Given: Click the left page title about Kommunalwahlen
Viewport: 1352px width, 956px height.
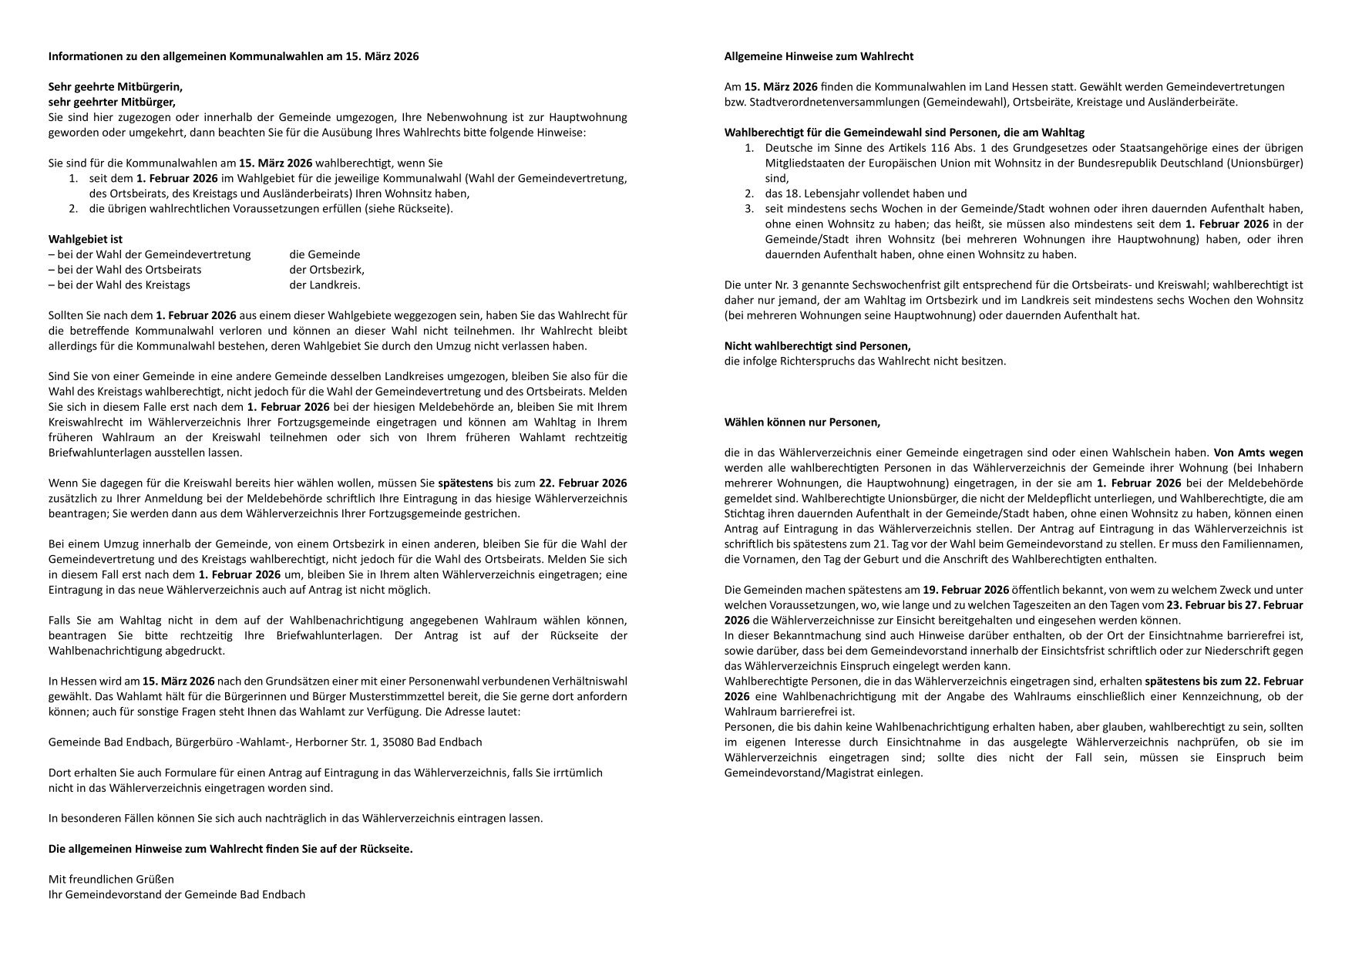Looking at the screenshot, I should click(234, 57).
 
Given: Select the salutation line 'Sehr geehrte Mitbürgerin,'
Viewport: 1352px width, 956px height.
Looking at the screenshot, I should click(116, 87).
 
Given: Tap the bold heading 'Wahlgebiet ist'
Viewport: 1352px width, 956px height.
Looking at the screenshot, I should click(86, 240).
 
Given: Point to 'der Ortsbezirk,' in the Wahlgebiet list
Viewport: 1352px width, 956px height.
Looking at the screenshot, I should click(327, 270).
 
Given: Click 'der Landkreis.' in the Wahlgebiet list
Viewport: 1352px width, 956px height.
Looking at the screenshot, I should click(325, 285).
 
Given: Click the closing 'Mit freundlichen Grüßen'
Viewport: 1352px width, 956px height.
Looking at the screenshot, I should click(111, 880).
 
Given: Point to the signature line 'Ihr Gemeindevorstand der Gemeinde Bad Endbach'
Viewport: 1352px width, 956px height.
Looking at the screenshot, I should click(177, 895).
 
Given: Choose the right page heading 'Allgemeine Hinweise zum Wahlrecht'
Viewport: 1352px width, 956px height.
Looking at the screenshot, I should click(819, 57).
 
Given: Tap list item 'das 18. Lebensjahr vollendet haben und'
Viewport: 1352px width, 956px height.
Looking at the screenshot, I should click(866, 194).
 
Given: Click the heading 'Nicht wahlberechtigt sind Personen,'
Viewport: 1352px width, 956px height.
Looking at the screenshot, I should click(818, 346).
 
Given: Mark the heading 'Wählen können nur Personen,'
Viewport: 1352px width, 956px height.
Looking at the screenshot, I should click(802, 422).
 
